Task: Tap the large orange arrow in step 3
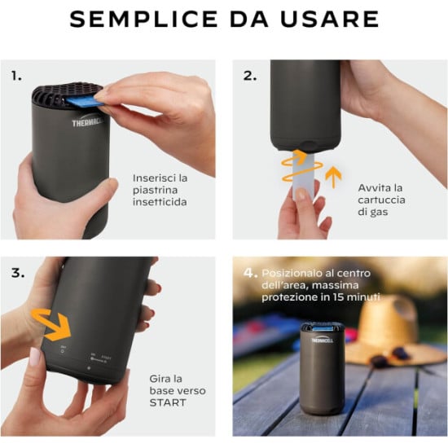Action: [57, 324]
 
